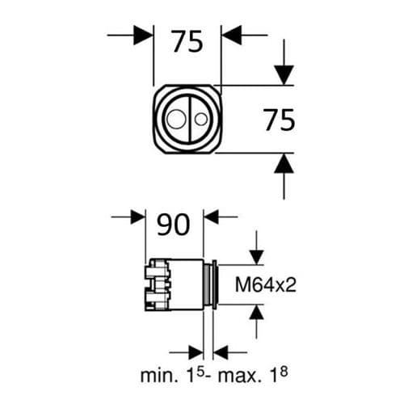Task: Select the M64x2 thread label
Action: (262, 284)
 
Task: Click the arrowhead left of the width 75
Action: (144, 35)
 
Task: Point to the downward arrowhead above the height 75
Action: (283, 75)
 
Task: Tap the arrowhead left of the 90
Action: (135, 217)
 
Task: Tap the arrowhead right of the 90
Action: (213, 217)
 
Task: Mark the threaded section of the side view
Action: (208, 284)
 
